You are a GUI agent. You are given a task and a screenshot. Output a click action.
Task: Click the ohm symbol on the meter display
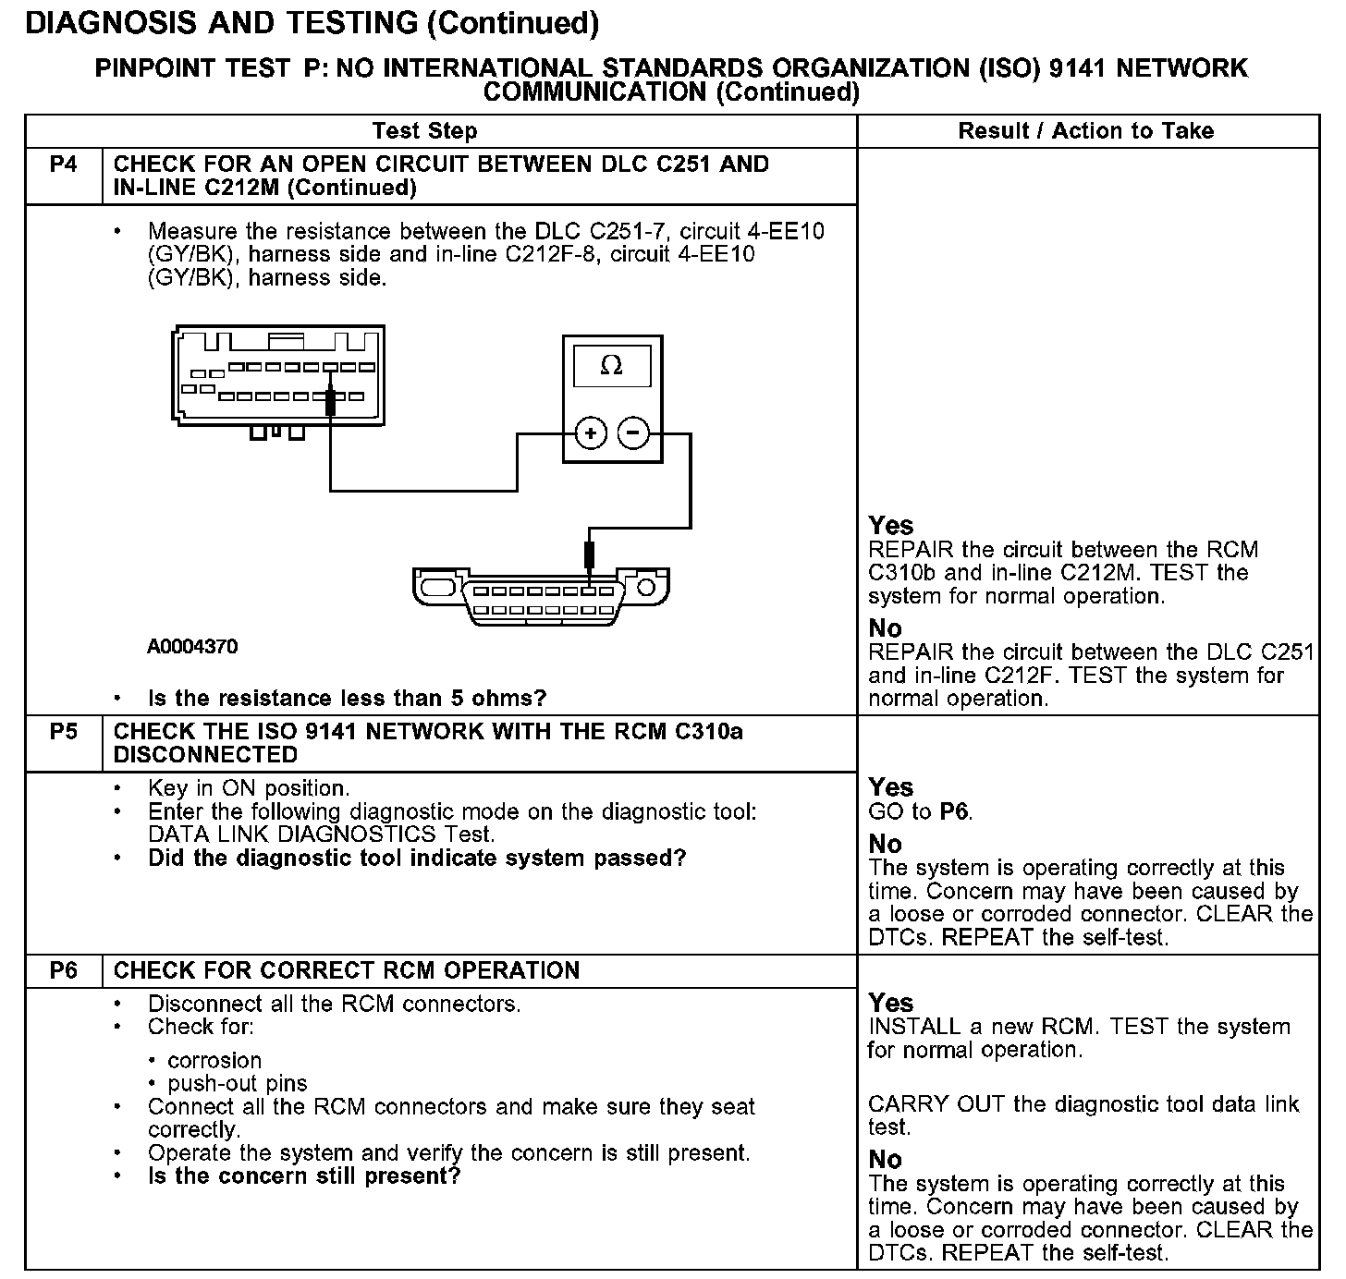pos(611,366)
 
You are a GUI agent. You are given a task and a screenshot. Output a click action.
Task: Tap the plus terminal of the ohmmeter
pos(590,432)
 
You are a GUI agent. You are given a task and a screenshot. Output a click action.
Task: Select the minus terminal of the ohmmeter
pos(633,432)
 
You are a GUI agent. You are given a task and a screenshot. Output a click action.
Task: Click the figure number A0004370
pos(191,647)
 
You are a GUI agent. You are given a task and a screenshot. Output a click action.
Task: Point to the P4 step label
pos(64,164)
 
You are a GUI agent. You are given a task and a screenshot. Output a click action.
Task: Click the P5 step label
pos(64,732)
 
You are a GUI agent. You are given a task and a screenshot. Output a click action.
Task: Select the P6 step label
pos(64,970)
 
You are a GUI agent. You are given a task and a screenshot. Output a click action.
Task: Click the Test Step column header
pos(424,131)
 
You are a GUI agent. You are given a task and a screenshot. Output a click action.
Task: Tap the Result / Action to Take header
pos(1085,131)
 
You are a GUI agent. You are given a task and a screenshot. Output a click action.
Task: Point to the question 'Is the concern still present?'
pos(303,1176)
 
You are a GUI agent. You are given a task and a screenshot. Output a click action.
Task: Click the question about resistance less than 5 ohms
pos(347,698)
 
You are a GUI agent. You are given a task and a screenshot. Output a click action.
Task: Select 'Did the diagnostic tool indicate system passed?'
pos(417,859)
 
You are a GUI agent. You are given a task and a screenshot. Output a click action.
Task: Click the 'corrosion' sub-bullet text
pos(214,1061)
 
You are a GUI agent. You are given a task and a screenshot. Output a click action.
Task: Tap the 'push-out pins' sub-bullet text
pos(238,1084)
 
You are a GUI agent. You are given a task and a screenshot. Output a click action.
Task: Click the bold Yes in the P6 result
pos(890,1003)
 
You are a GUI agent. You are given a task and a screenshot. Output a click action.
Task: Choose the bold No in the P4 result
pos(885,628)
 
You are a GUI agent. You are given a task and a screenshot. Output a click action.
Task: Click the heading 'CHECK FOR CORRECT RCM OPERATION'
pos(347,970)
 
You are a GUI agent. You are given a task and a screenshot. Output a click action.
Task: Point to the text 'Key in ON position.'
pos(249,788)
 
